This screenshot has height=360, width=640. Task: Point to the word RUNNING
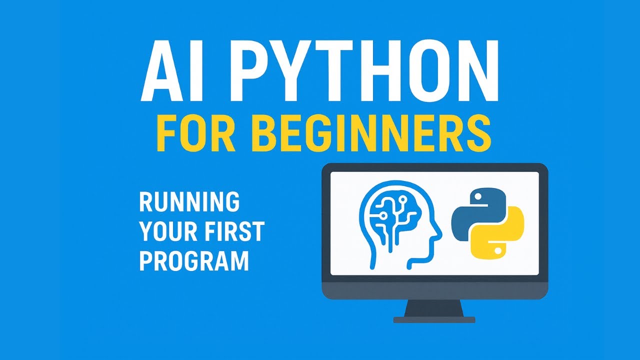(189, 201)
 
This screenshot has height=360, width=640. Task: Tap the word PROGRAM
(194, 261)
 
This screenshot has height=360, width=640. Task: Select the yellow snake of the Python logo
(503, 234)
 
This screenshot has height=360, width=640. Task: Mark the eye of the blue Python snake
(476, 196)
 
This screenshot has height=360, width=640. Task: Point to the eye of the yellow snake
(497, 251)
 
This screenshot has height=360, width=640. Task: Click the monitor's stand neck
(434, 308)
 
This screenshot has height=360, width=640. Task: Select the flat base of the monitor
(434, 319)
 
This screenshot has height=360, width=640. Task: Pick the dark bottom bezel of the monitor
(434, 289)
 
